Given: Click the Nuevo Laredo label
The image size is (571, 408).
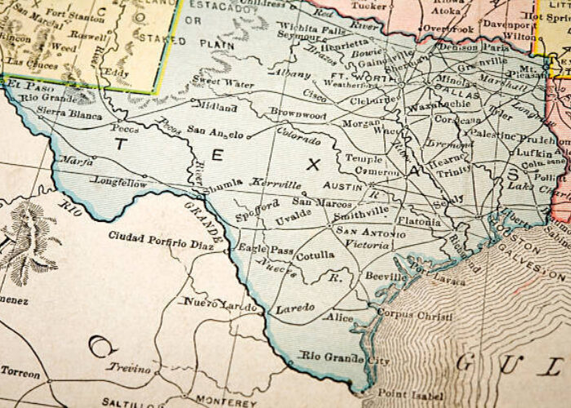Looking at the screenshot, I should click(215, 303).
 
